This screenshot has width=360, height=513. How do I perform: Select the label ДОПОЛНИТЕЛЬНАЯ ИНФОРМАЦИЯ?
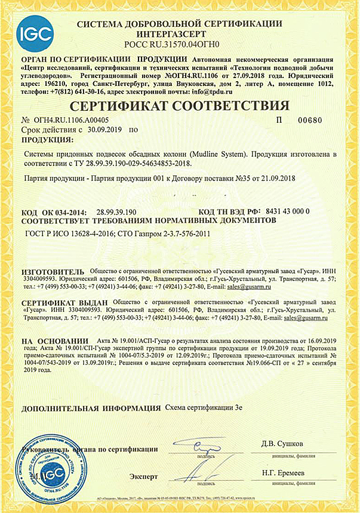(91, 409)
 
